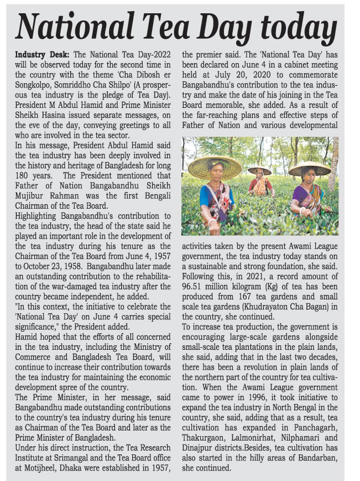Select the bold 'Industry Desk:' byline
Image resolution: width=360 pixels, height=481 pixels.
[x=42, y=55]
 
